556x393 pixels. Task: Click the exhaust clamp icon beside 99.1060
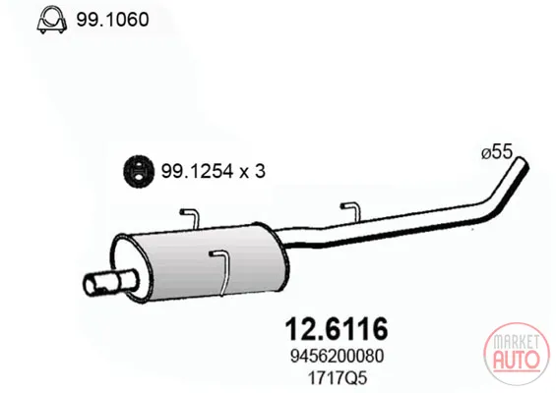pos(52,20)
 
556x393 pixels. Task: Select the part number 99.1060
pos(112,20)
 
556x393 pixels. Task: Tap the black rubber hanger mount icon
pos(139,172)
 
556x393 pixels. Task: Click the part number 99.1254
pos(197,171)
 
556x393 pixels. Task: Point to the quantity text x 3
pos(253,172)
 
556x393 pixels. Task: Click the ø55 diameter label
pos(497,152)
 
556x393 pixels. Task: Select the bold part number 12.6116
pos(337,329)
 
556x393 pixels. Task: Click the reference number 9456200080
pos(337,356)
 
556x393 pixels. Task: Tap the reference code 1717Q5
pos(337,378)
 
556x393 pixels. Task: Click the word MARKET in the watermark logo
pos(517,342)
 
